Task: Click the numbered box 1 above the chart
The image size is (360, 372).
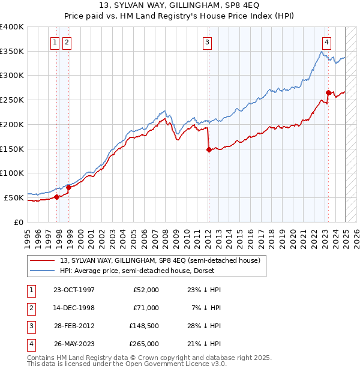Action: pyautogui.click(x=55, y=42)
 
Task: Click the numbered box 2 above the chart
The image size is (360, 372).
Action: pyautogui.click(x=66, y=42)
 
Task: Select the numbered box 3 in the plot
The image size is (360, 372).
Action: pyautogui.click(x=206, y=42)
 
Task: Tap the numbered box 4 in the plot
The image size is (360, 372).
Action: pyautogui.click(x=326, y=42)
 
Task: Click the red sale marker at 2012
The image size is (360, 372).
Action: pyautogui.click(x=209, y=150)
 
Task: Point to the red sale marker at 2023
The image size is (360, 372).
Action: pyautogui.click(x=328, y=92)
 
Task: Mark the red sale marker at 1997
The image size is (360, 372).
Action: pyautogui.click(x=57, y=196)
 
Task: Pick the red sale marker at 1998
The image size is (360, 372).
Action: pyautogui.click(x=69, y=187)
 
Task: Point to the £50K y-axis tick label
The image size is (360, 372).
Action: pyautogui.click(x=14, y=197)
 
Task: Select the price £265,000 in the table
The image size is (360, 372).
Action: pyautogui.click(x=144, y=344)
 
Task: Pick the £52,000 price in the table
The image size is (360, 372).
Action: pyautogui.click(x=146, y=290)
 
